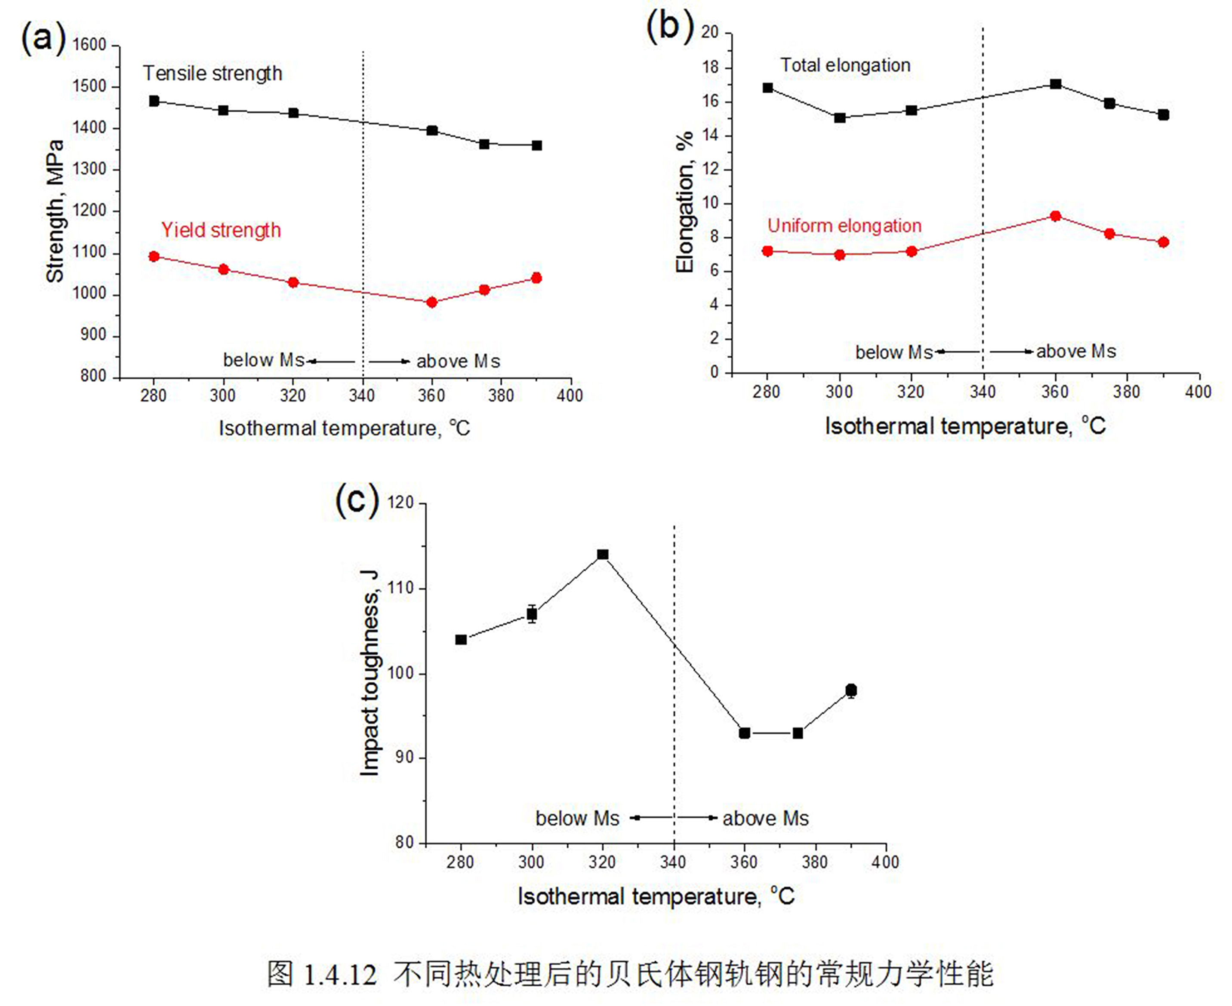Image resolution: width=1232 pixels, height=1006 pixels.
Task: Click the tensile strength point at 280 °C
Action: click(x=154, y=101)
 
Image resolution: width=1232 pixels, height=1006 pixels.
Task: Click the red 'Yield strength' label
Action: click(x=221, y=230)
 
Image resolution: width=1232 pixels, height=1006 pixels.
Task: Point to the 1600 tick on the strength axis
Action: click(x=90, y=45)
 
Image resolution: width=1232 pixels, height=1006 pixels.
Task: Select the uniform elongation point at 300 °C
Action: click(x=840, y=255)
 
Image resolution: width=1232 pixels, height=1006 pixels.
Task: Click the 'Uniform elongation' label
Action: click(x=844, y=225)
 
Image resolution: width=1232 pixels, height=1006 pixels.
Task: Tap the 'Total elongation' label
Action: click(x=845, y=65)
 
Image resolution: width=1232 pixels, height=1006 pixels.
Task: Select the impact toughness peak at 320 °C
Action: click(x=603, y=555)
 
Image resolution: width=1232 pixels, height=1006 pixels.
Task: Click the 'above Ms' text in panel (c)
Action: click(x=765, y=818)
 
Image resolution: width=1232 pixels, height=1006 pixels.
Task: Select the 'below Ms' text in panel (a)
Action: click(x=264, y=360)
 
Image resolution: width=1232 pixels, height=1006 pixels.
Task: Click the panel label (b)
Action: click(x=670, y=26)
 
